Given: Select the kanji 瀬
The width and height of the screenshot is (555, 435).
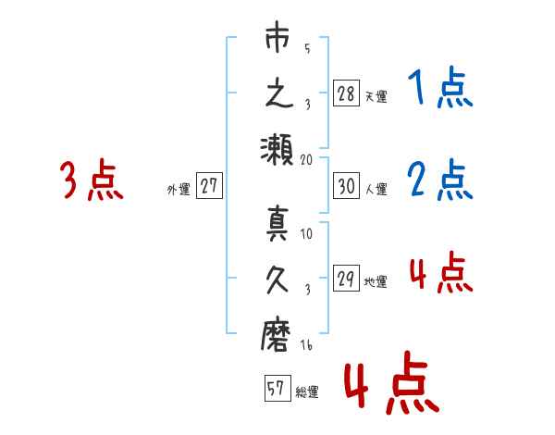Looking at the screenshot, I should point(277,148).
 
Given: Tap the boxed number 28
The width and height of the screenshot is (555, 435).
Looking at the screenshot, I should point(346,94).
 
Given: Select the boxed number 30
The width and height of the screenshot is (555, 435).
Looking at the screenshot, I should point(346,186).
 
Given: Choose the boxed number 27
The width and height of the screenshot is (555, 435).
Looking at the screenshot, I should point(209,186).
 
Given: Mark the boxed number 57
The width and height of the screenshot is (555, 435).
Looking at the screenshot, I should point(276,389).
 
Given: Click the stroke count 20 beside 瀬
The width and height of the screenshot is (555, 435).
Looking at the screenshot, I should point(307,159).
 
